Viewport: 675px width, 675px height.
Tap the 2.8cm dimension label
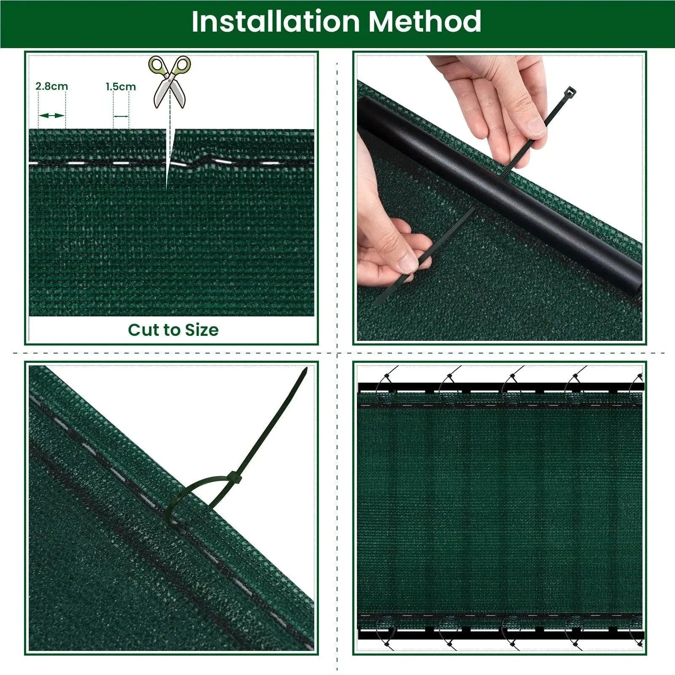[51, 86]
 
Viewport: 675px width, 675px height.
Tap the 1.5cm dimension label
[121, 87]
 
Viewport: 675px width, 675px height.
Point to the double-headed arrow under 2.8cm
[51, 116]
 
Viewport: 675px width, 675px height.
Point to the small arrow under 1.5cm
[121, 116]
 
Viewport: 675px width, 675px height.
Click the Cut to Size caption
[173, 330]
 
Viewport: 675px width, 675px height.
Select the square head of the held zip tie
[570, 92]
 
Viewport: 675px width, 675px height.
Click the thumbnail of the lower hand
[408, 264]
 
